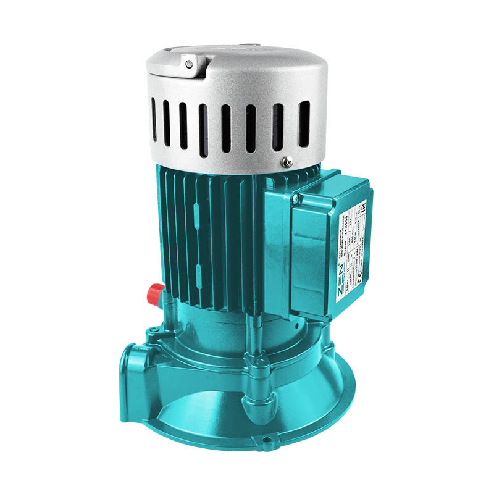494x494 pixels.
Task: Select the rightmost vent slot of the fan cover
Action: point(304,124)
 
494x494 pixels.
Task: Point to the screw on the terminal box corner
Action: point(296,199)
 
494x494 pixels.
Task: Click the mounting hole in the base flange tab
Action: point(267,440)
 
